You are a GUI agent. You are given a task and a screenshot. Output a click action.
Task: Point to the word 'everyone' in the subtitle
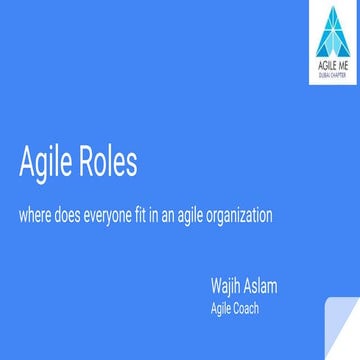pos(115,216)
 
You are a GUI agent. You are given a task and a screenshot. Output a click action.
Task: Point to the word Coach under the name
pos(244,309)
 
